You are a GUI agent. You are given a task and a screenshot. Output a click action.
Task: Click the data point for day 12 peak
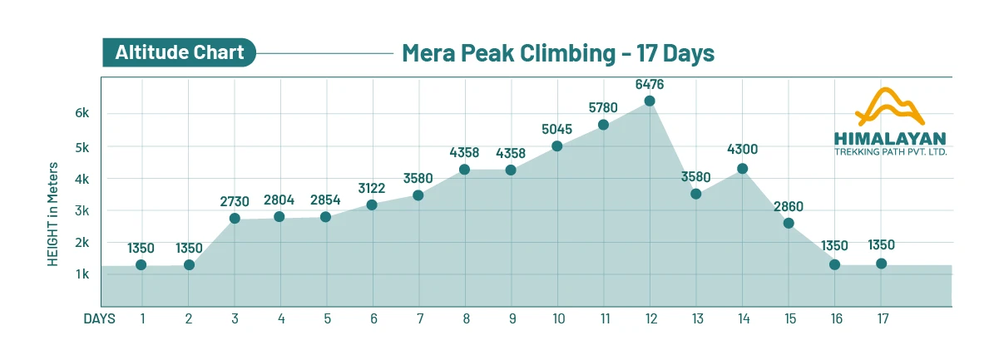(x=650, y=101)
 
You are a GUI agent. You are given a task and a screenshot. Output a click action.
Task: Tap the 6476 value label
(x=650, y=84)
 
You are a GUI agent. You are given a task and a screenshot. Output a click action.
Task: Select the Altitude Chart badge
(x=179, y=53)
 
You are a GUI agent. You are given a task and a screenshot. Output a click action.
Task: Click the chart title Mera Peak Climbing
(x=558, y=53)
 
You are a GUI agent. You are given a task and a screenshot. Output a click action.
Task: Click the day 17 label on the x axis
(x=881, y=318)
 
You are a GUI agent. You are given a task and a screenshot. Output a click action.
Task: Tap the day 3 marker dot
(x=235, y=219)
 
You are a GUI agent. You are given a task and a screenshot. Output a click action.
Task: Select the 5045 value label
(x=557, y=130)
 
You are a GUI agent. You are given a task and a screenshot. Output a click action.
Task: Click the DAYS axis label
(x=99, y=318)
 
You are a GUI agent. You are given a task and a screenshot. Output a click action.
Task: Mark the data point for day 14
(x=742, y=169)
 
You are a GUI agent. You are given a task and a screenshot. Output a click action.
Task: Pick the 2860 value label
(x=789, y=206)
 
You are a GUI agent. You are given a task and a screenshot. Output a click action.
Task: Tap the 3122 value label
(x=372, y=188)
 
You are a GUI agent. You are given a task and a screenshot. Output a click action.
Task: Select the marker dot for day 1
(x=141, y=264)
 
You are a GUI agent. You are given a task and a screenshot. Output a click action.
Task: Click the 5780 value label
(x=603, y=107)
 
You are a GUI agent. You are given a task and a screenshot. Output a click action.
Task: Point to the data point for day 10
(x=557, y=146)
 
